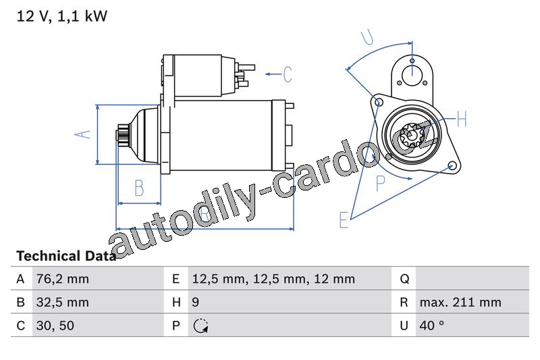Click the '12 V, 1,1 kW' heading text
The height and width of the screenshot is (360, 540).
[62, 16]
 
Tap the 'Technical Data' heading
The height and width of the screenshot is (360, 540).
[66, 256]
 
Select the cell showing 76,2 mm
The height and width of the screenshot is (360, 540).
[63, 279]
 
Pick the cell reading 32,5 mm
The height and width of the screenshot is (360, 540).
[63, 302]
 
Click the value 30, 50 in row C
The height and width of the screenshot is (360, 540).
[55, 326]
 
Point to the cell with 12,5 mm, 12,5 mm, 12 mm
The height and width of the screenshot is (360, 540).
[273, 279]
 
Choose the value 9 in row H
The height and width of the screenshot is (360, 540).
[195, 302]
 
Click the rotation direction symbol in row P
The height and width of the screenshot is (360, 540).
[200, 326]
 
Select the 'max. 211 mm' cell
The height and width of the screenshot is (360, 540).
[460, 302]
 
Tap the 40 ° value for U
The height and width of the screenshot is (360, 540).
[431, 325]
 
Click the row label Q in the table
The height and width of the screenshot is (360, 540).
[404, 279]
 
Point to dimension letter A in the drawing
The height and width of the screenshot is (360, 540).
[83, 134]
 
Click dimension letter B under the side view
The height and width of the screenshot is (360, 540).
[139, 188]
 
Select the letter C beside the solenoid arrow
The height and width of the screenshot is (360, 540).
[288, 74]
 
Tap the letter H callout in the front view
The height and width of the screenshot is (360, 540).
[462, 119]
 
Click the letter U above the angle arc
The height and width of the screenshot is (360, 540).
[367, 38]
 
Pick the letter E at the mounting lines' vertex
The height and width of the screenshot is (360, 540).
[344, 220]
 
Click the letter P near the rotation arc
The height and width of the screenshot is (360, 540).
[380, 183]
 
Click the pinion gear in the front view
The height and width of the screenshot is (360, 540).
[412, 135]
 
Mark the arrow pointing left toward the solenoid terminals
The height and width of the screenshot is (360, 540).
[273, 74]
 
